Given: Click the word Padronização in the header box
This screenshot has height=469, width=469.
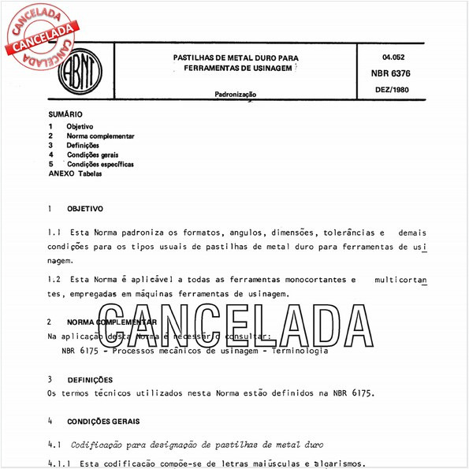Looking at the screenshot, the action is (234, 95).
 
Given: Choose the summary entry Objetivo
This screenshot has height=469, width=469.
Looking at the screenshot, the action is (80, 127).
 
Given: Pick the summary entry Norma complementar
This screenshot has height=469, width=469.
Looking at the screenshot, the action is (100, 136).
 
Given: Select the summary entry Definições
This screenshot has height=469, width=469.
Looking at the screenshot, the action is (83, 146).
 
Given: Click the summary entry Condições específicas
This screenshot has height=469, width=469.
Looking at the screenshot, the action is (99, 165).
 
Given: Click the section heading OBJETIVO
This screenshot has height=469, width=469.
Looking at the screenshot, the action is (85, 210).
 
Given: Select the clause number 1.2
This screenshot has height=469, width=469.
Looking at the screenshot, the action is (54, 280).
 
